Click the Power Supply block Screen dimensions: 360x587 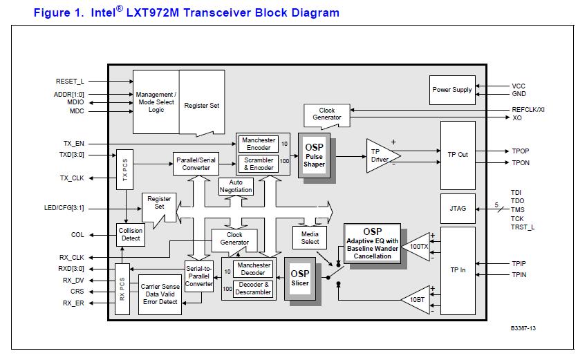coord(452,90)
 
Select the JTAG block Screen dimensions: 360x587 coord(458,208)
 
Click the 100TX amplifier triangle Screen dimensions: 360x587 coord(418,246)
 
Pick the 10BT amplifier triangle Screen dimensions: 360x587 coord(418,300)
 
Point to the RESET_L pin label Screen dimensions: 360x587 coord(69,82)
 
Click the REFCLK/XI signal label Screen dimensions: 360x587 coord(528,109)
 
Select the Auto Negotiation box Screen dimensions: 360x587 coord(236,187)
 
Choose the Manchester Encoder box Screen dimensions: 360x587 coord(259,144)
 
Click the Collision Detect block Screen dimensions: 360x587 coord(131,235)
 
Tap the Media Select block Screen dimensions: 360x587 coord(310,238)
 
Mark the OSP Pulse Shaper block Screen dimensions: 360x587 coord(314,155)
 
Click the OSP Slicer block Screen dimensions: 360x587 coord(299,278)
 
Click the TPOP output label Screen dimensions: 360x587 coord(520,151)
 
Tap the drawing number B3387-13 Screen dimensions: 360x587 coord(524,328)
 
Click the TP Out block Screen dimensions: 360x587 coord(458,154)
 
